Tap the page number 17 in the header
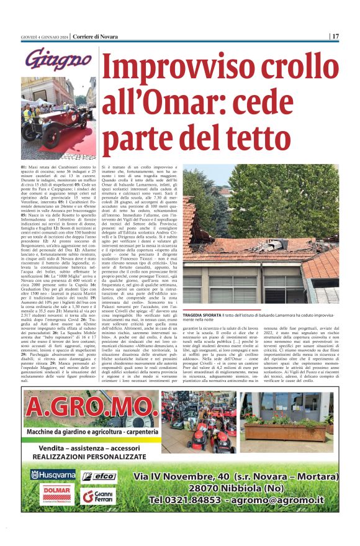pos(335,36)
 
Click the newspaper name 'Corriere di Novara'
pos(94,36)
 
